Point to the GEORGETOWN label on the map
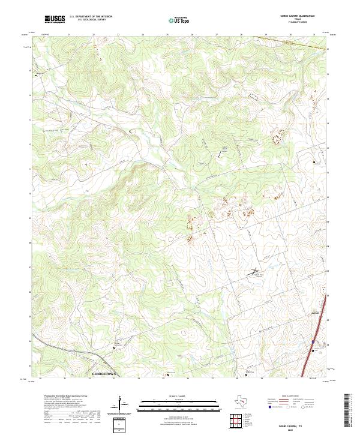tap(105, 373)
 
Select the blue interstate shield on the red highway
tap(313, 343)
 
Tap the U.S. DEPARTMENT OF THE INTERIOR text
tap(91, 17)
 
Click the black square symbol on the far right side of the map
tap(314, 162)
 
